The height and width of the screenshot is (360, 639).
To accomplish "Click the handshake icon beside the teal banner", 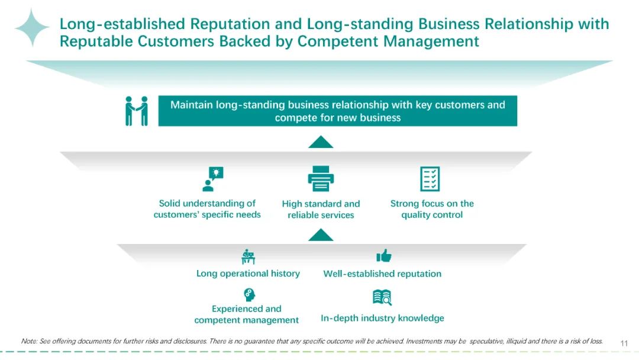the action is tap(137, 111).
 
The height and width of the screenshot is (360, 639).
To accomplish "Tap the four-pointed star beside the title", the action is tap(32, 27).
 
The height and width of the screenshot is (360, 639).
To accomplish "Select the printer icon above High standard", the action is tap(321, 178).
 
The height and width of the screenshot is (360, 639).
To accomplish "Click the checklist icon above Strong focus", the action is tap(430, 179).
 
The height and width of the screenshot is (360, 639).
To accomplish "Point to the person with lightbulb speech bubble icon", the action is tap(213, 179).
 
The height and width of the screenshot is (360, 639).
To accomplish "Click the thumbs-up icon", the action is tap(384, 256).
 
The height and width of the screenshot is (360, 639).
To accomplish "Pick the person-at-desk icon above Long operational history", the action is tap(248, 256).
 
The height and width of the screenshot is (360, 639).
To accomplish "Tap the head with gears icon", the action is tap(249, 295).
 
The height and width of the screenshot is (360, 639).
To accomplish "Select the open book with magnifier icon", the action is tap(382, 298).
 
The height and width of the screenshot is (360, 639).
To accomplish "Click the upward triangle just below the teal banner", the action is tap(321, 142).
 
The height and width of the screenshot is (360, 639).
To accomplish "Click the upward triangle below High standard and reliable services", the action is tap(321, 235).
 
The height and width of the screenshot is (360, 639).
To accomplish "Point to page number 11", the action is tap(624, 343).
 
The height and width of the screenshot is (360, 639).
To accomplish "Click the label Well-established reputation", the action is tap(382, 274).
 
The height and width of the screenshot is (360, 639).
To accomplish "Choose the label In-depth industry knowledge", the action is tap(382, 318).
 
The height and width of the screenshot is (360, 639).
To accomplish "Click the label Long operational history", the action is tap(248, 273).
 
